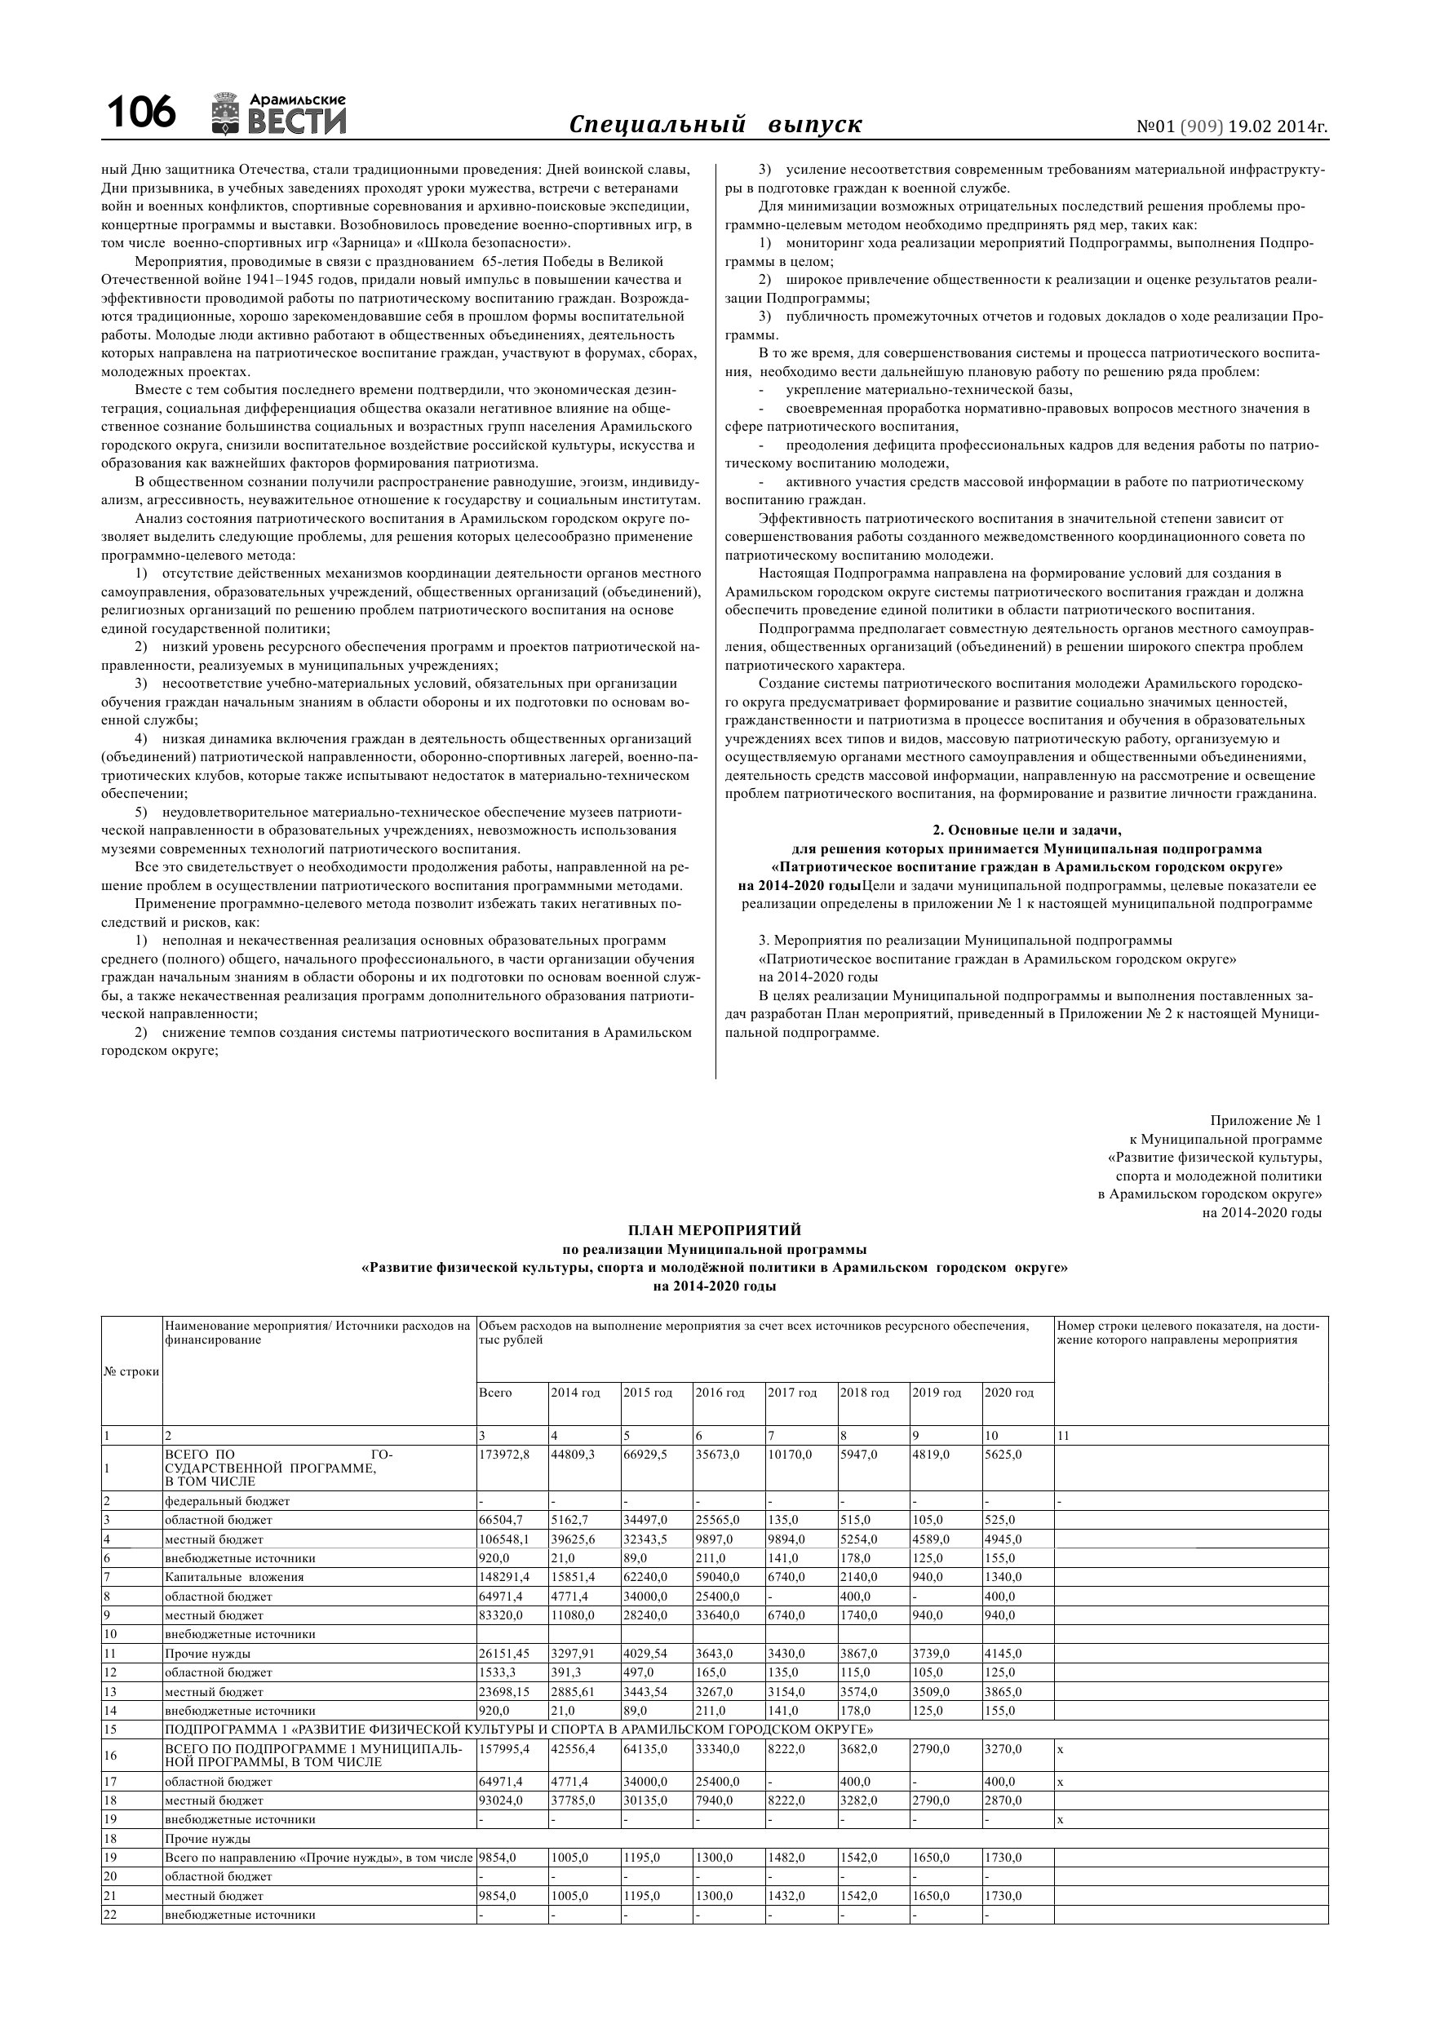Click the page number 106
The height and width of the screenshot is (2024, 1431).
coord(141,113)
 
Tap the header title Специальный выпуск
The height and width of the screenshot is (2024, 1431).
coord(715,124)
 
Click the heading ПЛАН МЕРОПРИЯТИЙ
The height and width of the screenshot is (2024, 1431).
coord(714,1229)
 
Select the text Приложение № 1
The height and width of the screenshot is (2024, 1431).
coord(1265,1120)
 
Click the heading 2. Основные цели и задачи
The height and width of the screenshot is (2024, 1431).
coord(1026,830)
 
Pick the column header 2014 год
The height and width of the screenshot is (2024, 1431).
coord(575,1392)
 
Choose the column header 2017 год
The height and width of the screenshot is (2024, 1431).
coord(791,1392)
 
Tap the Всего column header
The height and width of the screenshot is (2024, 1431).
coord(494,1392)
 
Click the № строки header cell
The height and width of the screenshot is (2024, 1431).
coord(131,1371)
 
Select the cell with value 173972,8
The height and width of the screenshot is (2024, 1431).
coord(504,1454)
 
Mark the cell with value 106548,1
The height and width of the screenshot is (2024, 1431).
coord(504,1539)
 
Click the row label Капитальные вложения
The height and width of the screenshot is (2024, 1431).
coord(233,1577)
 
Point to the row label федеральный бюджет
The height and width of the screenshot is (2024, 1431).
coord(227,1500)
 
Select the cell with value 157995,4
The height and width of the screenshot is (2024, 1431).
coord(504,1748)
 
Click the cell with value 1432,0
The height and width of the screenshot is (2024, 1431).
coord(786,1895)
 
